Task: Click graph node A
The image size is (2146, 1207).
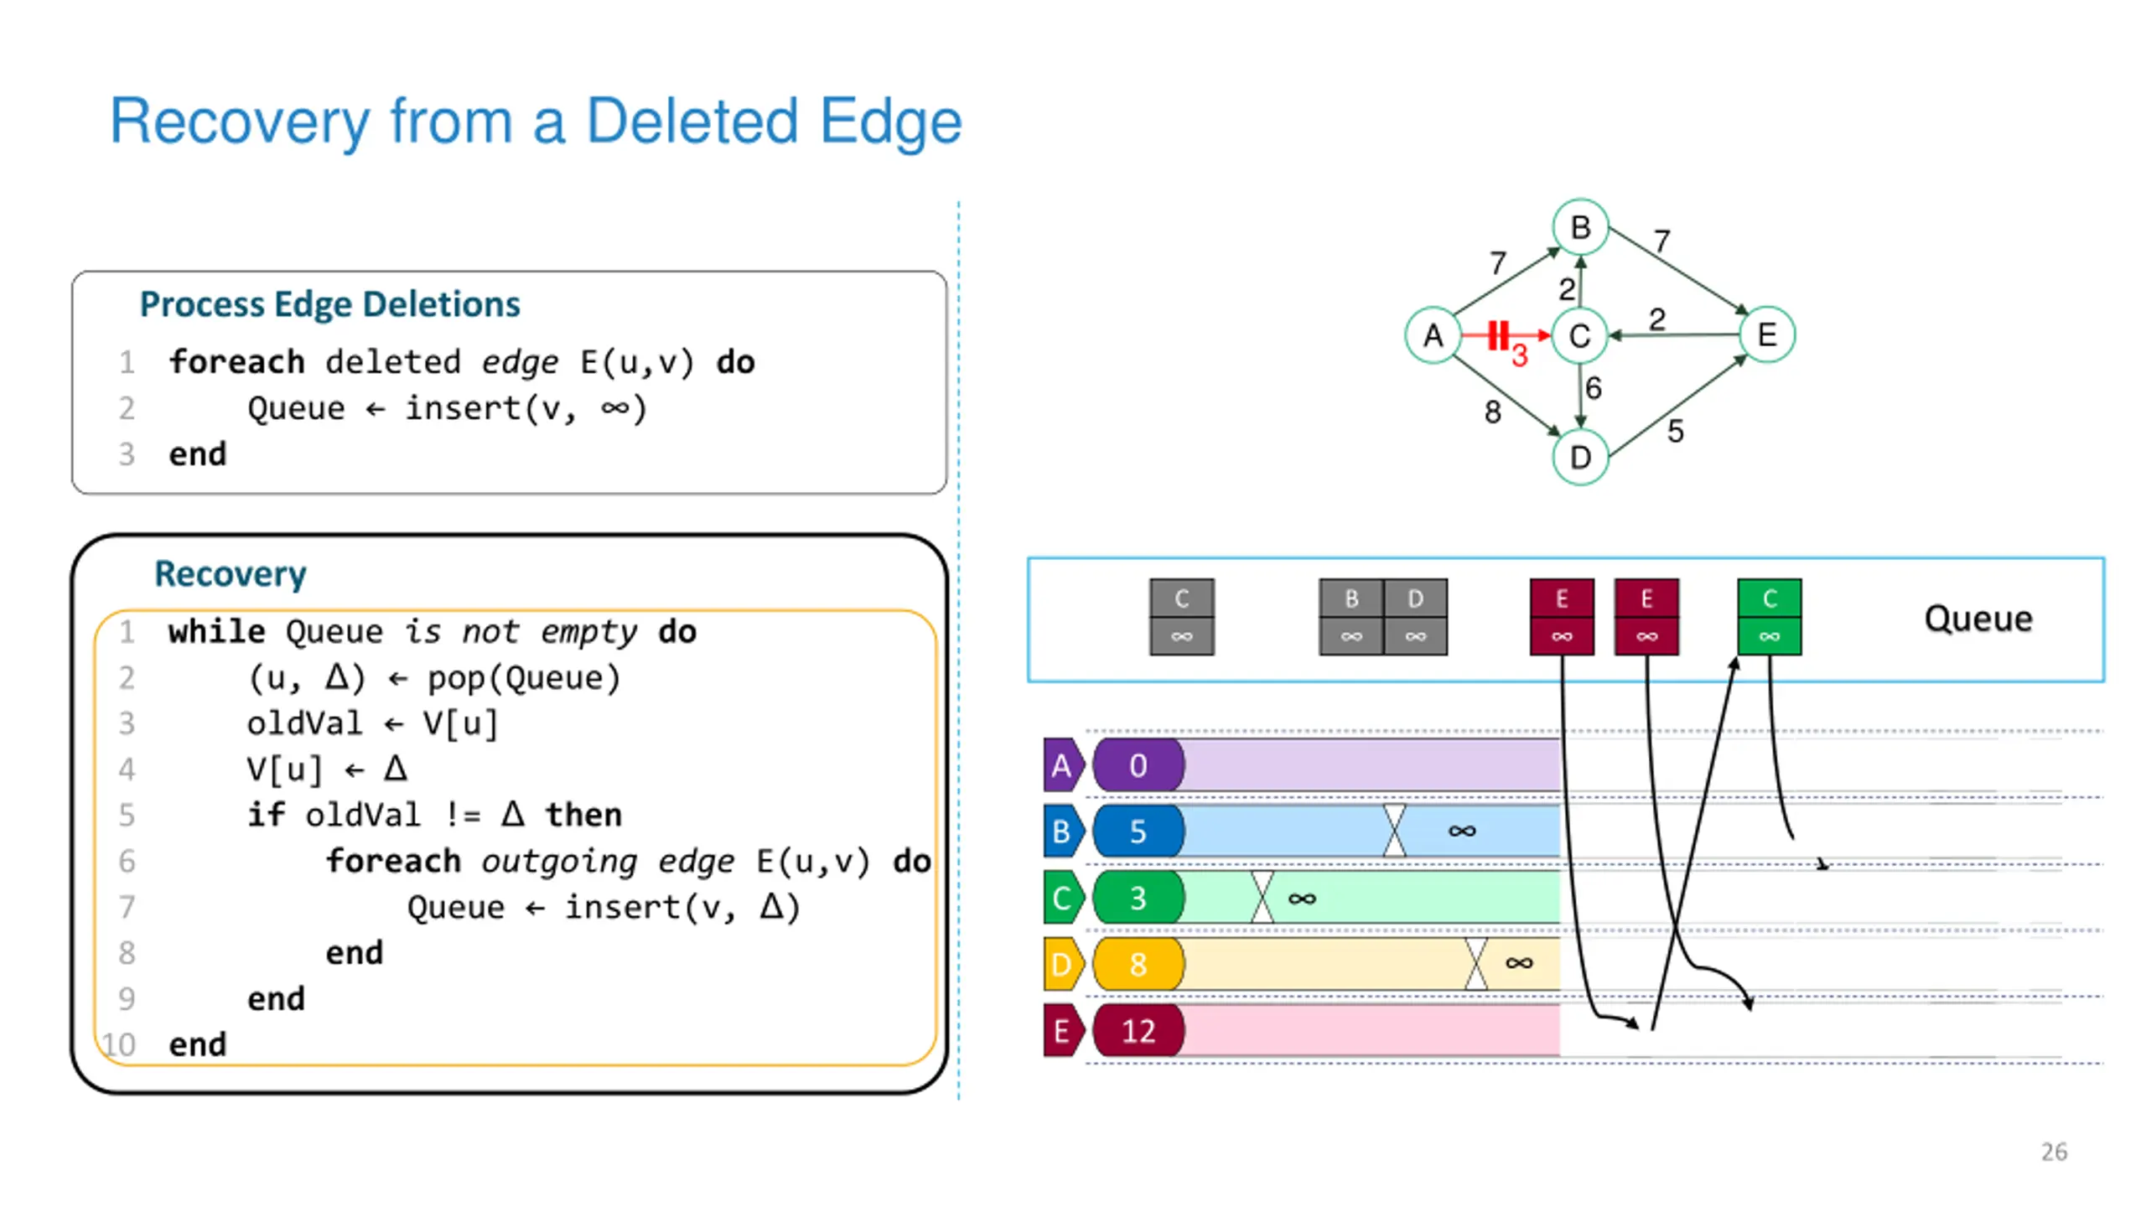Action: coord(1433,334)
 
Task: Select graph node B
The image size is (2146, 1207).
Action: coord(1580,226)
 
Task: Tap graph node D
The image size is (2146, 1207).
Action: coord(1580,457)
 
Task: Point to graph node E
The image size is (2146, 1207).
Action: coord(1766,334)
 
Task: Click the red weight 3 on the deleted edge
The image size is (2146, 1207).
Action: coord(1519,355)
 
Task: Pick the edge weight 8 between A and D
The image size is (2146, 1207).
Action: coord(1492,412)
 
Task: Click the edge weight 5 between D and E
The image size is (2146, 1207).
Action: coord(1675,431)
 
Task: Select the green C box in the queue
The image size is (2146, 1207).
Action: coord(1769,617)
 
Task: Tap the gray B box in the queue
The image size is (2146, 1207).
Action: coord(1350,617)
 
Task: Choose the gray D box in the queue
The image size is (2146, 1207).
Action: coord(1415,617)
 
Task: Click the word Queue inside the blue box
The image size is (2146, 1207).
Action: coord(1978,619)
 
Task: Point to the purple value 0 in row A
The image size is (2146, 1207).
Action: coord(1138,764)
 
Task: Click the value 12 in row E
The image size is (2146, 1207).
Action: coord(1138,1030)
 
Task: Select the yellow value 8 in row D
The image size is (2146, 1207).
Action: coord(1138,964)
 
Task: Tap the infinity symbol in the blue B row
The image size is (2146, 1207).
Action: coord(1461,831)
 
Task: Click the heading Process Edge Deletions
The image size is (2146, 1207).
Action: coord(329,304)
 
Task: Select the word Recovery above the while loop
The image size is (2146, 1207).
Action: coord(231,574)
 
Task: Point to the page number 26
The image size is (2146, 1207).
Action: coord(2054,1152)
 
